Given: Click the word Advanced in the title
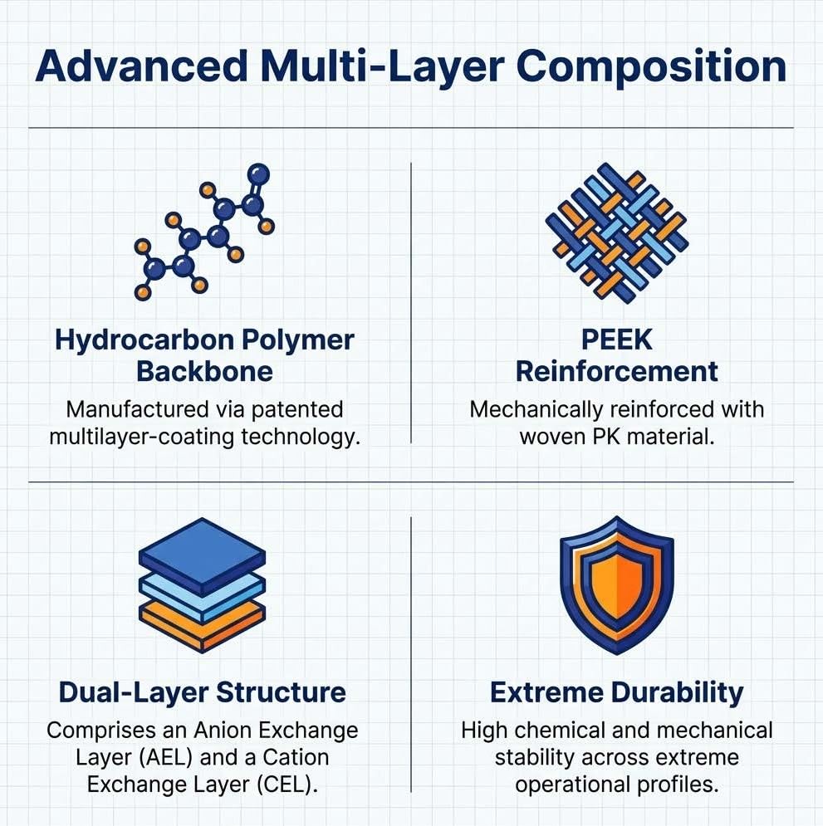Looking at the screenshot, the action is click(x=141, y=66).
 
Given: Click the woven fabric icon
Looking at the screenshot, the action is click(x=616, y=232).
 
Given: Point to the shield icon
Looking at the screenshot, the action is click(x=616, y=584).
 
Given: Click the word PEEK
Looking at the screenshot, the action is click(x=616, y=340).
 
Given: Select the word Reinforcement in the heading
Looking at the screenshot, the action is click(x=616, y=372).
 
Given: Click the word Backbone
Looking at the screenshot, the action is click(x=204, y=372).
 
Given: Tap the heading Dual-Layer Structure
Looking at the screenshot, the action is click(x=203, y=692).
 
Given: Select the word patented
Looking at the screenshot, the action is click(x=297, y=410).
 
